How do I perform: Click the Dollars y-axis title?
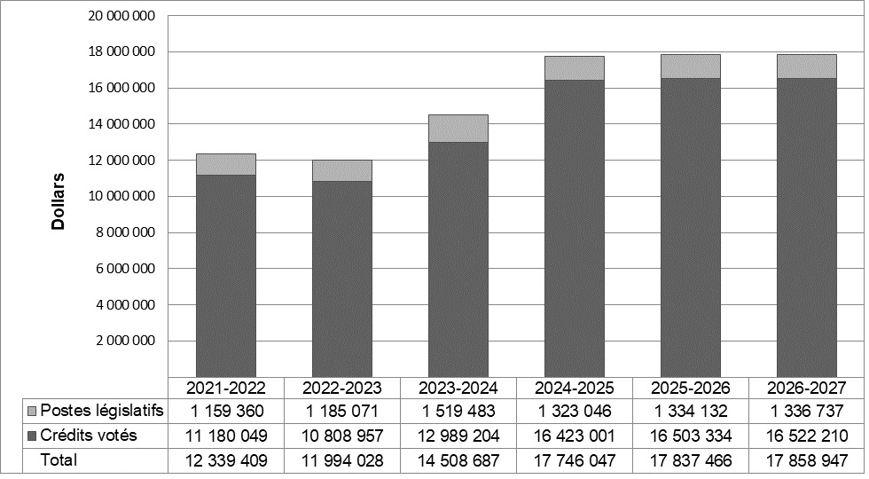click(x=59, y=202)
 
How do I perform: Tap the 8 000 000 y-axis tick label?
click(x=121, y=232)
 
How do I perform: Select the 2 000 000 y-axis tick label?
click(x=121, y=341)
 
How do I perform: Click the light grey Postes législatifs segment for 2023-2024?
click(x=458, y=129)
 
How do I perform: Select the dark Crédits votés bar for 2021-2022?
click(x=225, y=275)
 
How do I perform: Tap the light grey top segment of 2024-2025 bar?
click(x=574, y=68)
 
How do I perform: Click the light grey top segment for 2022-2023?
click(x=341, y=170)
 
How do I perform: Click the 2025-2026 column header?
click(x=690, y=388)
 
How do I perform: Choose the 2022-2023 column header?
click(x=341, y=388)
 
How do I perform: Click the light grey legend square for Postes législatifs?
click(x=33, y=412)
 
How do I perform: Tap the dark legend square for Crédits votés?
click(x=33, y=436)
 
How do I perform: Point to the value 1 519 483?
click(x=458, y=412)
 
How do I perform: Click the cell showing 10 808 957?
click(x=341, y=436)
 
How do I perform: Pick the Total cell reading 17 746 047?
click(x=574, y=459)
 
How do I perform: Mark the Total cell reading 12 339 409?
click(x=225, y=459)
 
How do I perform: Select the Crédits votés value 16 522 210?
click(x=806, y=436)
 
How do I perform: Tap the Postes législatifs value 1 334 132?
click(x=690, y=412)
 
